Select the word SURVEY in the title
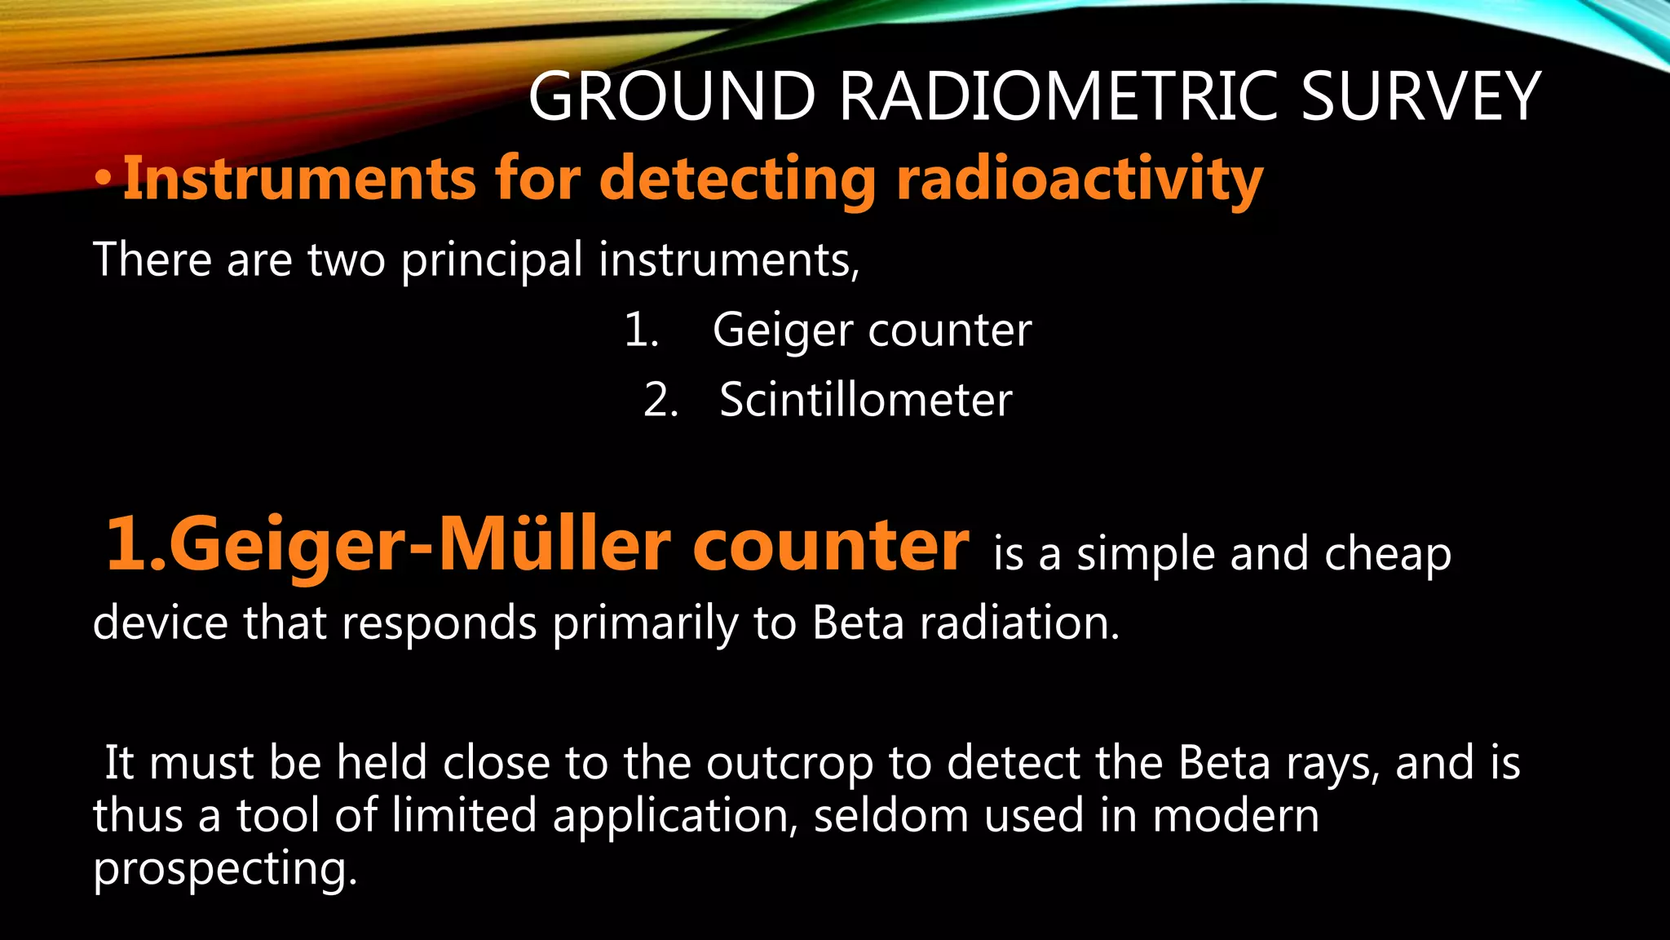(1420, 96)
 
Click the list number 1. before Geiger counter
(642, 330)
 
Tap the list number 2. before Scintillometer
(661, 401)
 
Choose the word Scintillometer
(865, 401)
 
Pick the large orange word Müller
(554, 545)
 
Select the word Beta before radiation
(858, 623)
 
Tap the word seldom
(890, 816)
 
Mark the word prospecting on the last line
(225, 869)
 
